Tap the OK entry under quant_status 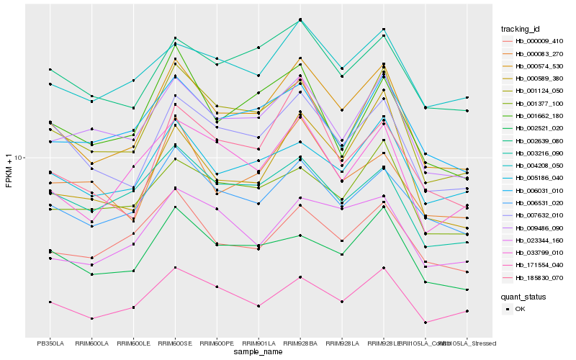pyautogui.click(x=520, y=308)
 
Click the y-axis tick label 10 pyautogui.click(x=19, y=158)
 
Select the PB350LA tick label pyautogui.click(x=50, y=343)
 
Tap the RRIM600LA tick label pyautogui.click(x=91, y=343)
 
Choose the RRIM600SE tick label pyautogui.click(x=175, y=343)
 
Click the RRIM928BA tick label pyautogui.click(x=300, y=343)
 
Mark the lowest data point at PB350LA pyautogui.click(x=50, y=302)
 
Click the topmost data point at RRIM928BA pyautogui.click(x=300, y=19)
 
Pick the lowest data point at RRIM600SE pyautogui.click(x=175, y=267)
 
